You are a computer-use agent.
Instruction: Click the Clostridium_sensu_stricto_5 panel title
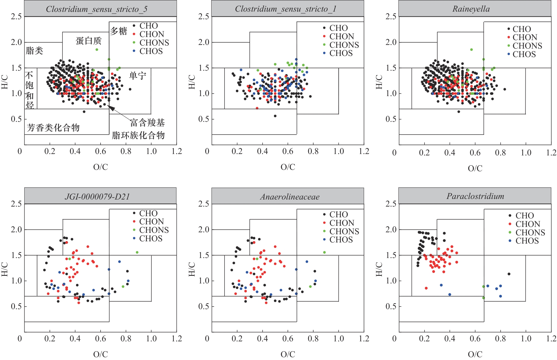[97, 9]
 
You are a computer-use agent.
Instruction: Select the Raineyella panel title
[471, 9]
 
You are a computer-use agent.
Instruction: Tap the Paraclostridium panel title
[475, 196]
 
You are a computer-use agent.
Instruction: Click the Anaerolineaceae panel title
[290, 197]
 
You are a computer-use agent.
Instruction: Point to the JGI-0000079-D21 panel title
[97, 196]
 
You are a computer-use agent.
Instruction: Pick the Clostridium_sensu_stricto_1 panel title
[286, 9]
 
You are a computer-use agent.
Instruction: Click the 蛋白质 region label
[88, 41]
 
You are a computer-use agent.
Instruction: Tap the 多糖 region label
[118, 31]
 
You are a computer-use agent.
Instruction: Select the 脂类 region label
[34, 51]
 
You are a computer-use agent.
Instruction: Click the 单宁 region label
[138, 76]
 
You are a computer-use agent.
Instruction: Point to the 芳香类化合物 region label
[53, 128]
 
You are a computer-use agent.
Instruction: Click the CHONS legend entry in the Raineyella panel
[527, 46]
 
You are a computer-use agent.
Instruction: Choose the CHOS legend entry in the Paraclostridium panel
[527, 241]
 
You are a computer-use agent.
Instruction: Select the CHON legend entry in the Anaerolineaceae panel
[341, 223]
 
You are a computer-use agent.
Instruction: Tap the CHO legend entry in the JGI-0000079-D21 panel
[148, 213]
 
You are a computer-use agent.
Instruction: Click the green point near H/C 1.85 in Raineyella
[471, 50]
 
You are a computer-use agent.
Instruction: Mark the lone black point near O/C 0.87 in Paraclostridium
[509, 274]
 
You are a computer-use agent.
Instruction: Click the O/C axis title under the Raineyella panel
[475, 168]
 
